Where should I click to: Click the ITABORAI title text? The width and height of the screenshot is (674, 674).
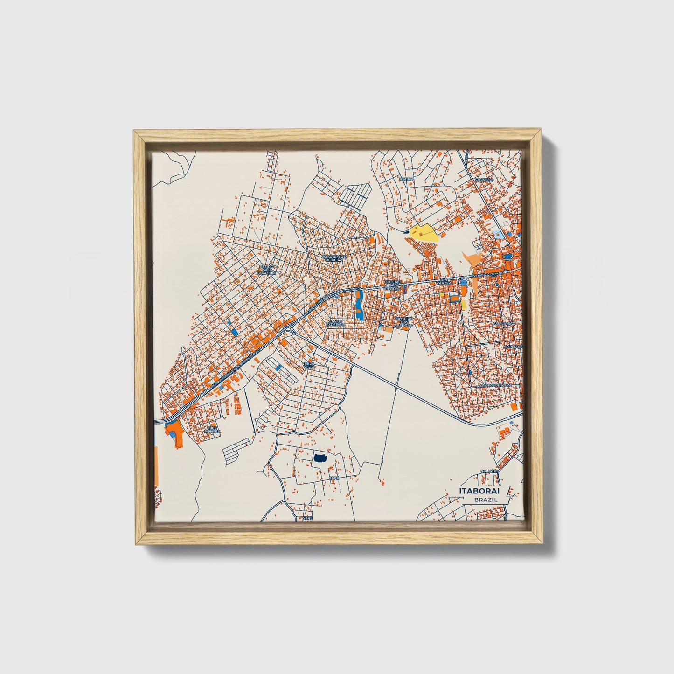coord(481,491)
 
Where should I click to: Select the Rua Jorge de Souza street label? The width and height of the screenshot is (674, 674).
coord(493,385)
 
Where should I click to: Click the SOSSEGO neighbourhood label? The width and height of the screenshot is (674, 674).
coord(483,180)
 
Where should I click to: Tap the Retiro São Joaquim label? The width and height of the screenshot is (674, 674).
coord(268,270)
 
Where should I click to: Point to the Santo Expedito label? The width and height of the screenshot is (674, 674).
coord(335,322)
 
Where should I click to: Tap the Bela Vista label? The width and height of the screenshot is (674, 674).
coord(309,365)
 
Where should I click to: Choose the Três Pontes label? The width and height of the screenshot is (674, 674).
coord(213,430)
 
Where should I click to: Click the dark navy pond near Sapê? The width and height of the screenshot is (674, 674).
coord(320,459)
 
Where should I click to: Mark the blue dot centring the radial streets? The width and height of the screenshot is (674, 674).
coord(470,372)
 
